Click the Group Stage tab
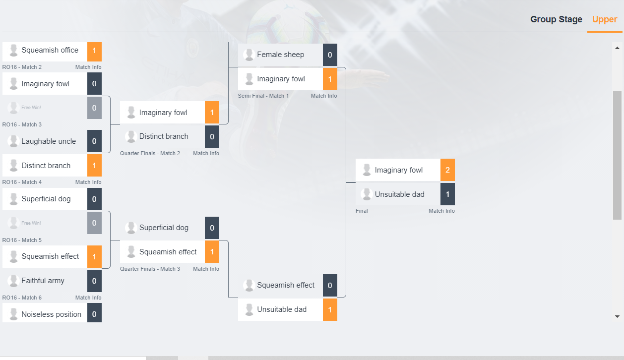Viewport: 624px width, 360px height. tap(556, 19)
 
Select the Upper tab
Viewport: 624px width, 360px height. tap(605, 19)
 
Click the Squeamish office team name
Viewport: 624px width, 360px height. tap(50, 50)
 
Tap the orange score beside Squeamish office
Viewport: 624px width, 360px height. tap(94, 51)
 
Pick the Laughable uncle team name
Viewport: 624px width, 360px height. tap(49, 141)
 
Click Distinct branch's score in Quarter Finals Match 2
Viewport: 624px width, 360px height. tap(212, 136)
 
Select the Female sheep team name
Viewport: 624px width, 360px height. tap(280, 55)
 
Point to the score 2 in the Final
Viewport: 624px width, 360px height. tap(447, 170)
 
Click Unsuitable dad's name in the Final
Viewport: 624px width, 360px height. tap(399, 194)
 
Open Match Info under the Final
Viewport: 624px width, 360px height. tap(441, 211)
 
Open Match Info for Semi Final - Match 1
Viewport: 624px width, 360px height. tap(324, 96)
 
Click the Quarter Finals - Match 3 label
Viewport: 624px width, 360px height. tap(150, 269)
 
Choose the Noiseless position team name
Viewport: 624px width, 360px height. tap(51, 314)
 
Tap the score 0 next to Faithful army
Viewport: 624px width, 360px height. tap(94, 281)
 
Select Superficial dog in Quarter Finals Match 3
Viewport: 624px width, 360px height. tap(164, 228)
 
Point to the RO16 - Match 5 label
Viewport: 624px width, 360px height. tap(22, 240)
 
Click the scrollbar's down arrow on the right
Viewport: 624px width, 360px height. tap(618, 316)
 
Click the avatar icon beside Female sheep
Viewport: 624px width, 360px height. tap(249, 55)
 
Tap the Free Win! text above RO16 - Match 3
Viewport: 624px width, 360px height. tap(31, 108)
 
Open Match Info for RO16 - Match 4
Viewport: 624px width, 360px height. tap(88, 182)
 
